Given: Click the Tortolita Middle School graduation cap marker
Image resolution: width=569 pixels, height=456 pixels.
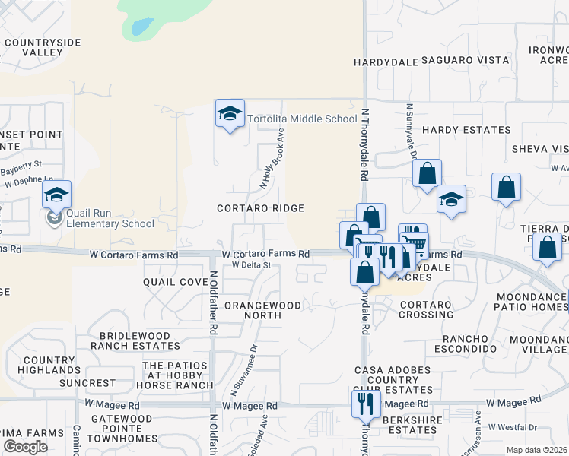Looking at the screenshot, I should coord(230,114).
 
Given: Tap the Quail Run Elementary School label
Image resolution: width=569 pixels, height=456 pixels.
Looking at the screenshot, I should coord(110,218).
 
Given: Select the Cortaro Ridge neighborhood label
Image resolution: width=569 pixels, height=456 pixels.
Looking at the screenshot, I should coord(260,208).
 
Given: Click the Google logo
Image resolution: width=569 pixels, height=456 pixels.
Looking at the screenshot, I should coord(26,447).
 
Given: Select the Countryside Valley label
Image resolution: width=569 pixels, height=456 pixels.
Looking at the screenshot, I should coord(43,47).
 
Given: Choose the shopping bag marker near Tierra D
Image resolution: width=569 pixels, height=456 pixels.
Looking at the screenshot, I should coord(548,247).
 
